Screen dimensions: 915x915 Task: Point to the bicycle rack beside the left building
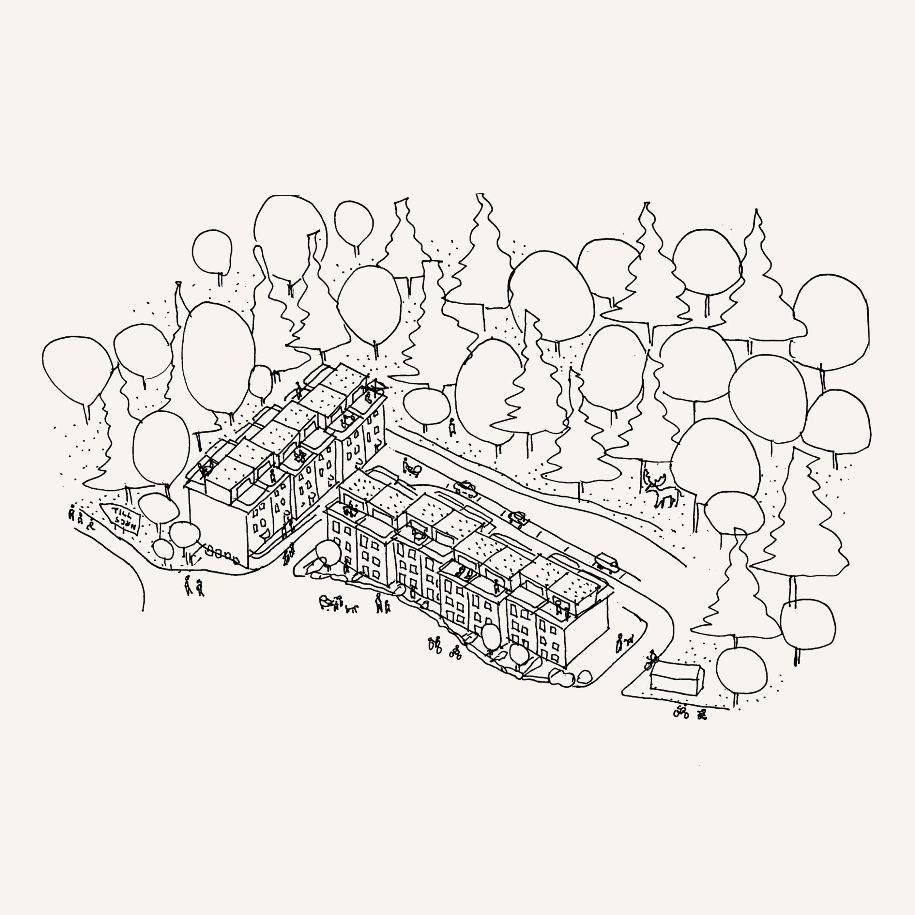click(222, 553)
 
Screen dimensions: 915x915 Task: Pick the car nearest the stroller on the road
click(465, 488)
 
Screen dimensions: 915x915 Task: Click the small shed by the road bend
click(676, 678)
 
